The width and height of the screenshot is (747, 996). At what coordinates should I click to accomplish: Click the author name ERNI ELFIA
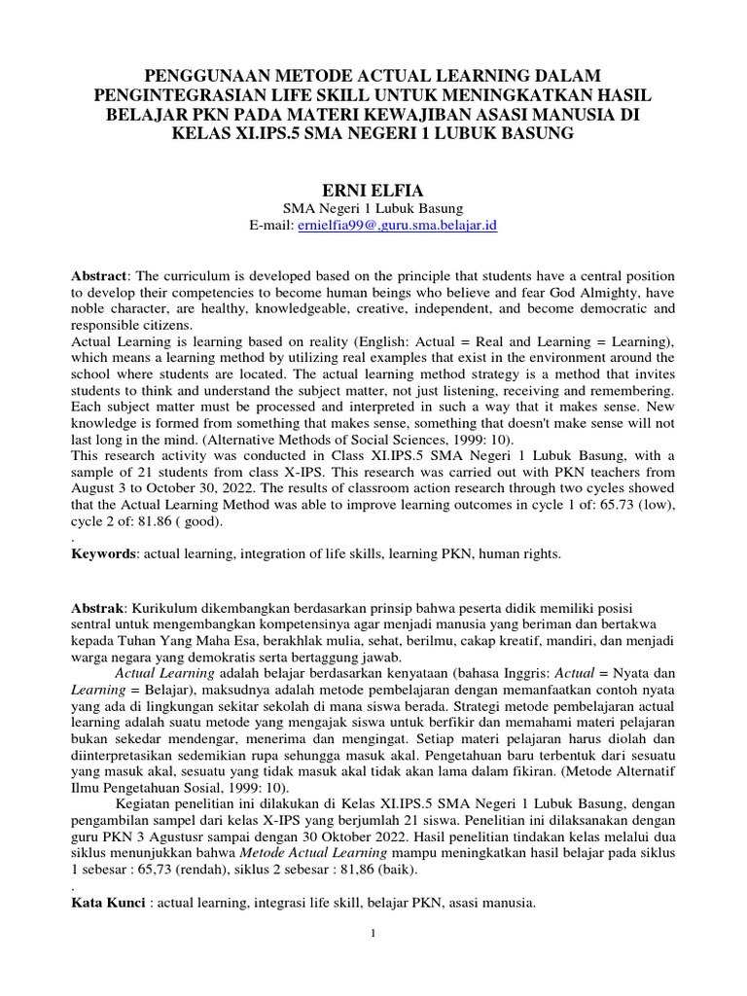[373, 187]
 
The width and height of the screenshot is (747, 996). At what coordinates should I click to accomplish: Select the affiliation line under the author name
[373, 208]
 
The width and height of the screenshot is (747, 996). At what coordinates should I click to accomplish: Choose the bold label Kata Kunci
[109, 903]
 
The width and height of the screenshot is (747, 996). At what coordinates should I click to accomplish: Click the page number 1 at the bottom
[373, 935]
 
